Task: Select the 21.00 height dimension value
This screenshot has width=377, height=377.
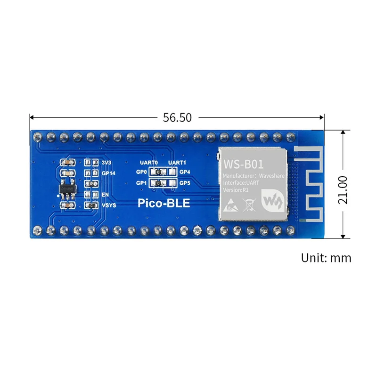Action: point(343,190)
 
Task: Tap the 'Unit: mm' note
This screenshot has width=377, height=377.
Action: point(326,258)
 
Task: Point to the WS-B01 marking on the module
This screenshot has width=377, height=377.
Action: point(243,164)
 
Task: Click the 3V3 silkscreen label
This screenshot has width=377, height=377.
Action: point(106,163)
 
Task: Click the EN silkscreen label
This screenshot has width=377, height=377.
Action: point(104,194)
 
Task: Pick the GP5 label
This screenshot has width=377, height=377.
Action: point(185,183)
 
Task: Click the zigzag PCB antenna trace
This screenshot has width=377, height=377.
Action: point(308,188)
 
